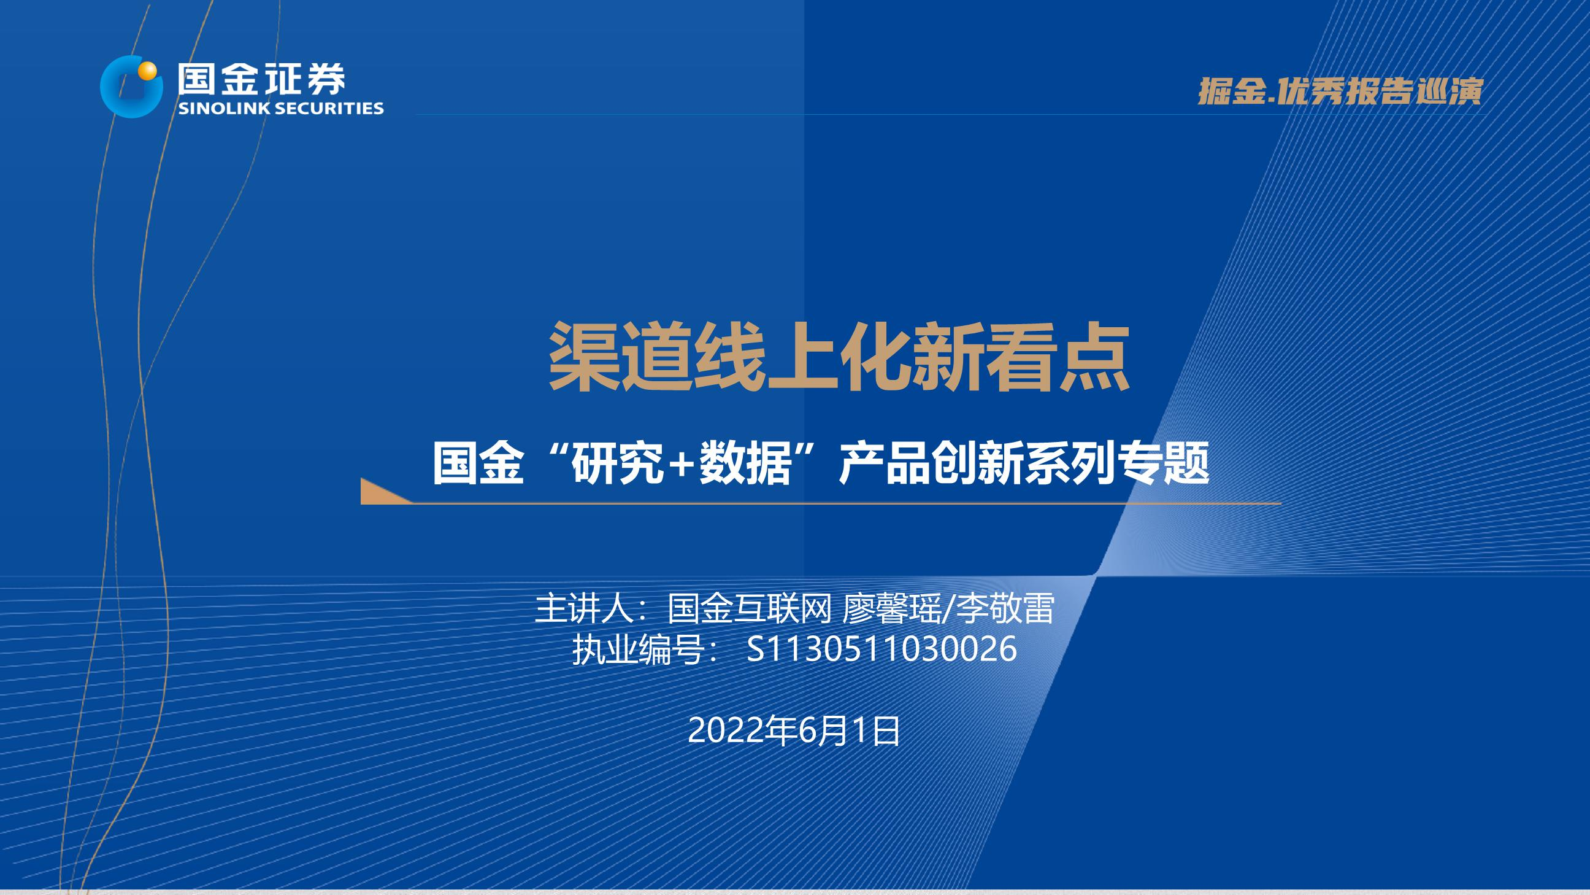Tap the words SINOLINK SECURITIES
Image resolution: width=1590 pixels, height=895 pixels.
281,108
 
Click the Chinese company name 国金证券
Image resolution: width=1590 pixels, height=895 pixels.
262,79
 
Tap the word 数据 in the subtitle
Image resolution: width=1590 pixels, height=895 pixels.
745,465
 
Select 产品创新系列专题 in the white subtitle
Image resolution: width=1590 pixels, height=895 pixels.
1024,465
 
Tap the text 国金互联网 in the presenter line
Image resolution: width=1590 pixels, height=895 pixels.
750,608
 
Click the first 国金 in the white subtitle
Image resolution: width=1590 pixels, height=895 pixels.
478,465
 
